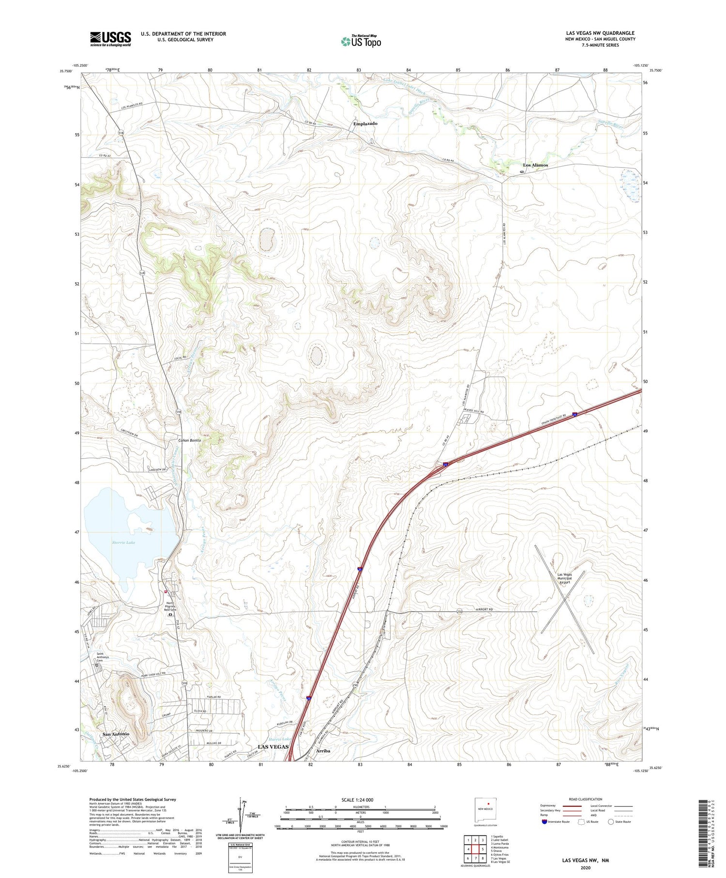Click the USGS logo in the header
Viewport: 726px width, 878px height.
(110, 39)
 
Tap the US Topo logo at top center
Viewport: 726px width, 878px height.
(361, 41)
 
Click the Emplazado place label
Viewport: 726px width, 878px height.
(365, 123)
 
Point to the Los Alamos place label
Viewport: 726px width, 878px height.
(535, 165)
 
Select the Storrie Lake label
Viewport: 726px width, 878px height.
(123, 542)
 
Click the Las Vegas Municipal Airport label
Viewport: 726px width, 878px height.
(564, 578)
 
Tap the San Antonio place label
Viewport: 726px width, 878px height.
(116, 734)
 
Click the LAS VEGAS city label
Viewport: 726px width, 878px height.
(273, 747)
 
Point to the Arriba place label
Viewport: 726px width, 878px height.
(323, 751)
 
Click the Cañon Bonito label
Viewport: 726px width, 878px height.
(189, 440)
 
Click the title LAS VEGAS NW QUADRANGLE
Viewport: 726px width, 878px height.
(600, 33)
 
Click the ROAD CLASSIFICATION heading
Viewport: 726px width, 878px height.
(586, 799)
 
